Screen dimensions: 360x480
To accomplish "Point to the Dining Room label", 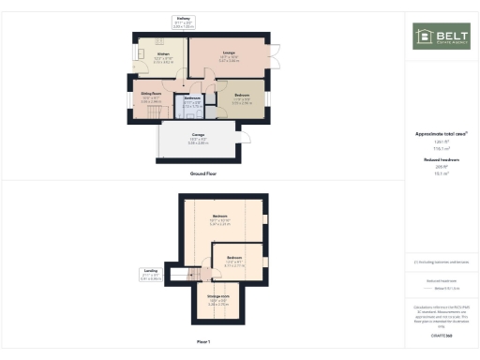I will click(x=151, y=96).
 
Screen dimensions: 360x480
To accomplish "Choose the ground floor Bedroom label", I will click(x=241, y=96).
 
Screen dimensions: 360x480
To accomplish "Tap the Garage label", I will click(x=199, y=138).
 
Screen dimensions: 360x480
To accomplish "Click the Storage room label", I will click(x=217, y=301).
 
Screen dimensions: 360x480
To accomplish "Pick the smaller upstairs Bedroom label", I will click(x=234, y=260).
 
